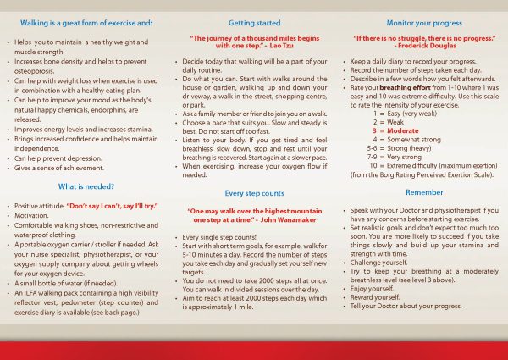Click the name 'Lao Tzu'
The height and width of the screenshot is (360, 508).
pos(285,47)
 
